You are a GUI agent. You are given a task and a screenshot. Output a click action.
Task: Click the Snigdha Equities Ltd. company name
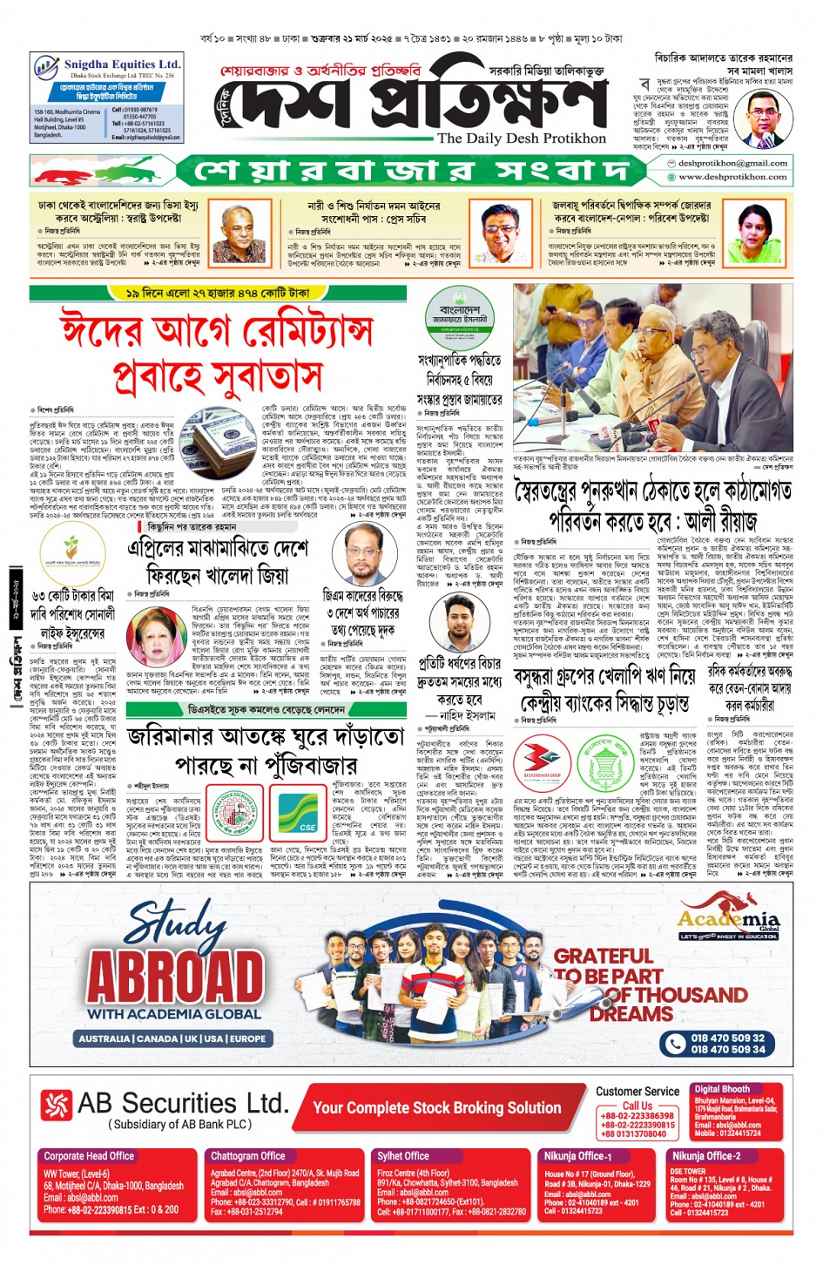tap(122, 64)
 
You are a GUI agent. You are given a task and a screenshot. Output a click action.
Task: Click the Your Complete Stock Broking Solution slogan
tap(435, 1108)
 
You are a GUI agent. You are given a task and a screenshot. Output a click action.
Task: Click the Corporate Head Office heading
tap(89, 1156)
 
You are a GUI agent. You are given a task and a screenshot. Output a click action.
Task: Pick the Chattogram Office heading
tap(248, 1156)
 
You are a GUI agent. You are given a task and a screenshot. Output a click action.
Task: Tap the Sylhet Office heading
tap(402, 1156)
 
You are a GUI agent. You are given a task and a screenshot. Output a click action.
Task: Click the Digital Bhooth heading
tap(721, 1089)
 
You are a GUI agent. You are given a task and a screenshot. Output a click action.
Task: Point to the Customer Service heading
tap(637, 1092)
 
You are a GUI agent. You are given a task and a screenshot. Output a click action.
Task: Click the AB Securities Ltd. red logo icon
tap(56, 1106)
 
